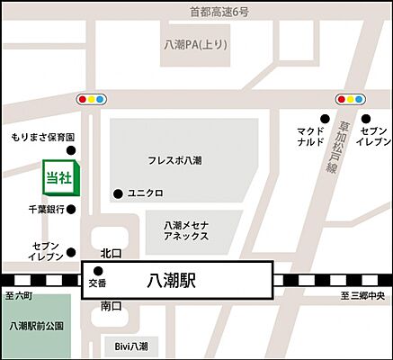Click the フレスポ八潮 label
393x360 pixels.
(x=174, y=160)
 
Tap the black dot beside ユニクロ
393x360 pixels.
(x=117, y=193)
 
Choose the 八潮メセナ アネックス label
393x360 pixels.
(x=186, y=230)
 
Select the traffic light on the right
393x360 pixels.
(x=351, y=98)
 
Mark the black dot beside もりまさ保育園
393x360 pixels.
(x=72, y=149)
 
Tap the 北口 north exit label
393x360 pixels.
(x=111, y=253)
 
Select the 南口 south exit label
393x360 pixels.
(x=111, y=306)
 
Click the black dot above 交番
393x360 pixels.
(x=98, y=271)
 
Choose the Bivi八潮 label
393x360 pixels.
(x=131, y=345)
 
